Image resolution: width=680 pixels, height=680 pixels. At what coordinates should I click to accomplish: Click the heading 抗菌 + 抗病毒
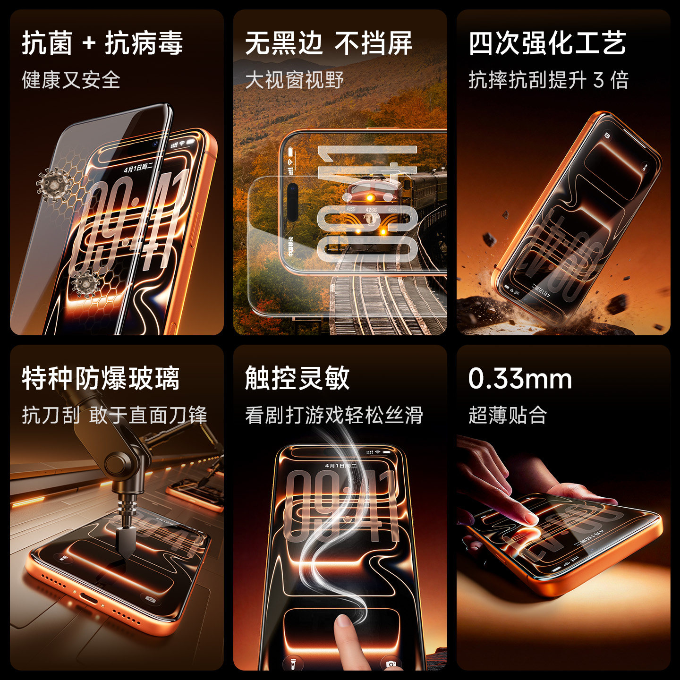102,43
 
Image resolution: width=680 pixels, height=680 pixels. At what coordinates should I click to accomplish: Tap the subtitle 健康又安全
71,80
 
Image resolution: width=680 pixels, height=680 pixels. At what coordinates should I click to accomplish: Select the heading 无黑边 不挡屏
328,43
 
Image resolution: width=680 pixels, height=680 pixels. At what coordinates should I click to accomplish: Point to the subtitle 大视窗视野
294,80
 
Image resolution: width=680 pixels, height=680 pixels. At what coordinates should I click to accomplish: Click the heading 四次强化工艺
547,43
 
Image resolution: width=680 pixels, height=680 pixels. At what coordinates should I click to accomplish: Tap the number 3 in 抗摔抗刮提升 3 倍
599,80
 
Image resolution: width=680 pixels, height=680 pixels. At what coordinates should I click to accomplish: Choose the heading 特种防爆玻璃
101,378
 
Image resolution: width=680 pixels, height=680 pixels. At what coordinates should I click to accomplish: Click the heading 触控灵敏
297,378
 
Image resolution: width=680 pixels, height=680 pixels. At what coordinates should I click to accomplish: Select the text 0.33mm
520,379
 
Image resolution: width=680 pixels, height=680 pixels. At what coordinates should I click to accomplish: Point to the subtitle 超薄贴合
508,415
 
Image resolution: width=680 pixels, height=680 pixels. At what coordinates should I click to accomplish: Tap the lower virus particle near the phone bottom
85,283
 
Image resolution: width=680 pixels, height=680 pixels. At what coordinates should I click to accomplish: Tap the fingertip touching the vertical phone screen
343,621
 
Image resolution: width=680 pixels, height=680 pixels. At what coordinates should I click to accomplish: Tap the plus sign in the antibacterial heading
89,44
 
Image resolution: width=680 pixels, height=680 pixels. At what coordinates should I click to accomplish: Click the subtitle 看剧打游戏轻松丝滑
334,415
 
